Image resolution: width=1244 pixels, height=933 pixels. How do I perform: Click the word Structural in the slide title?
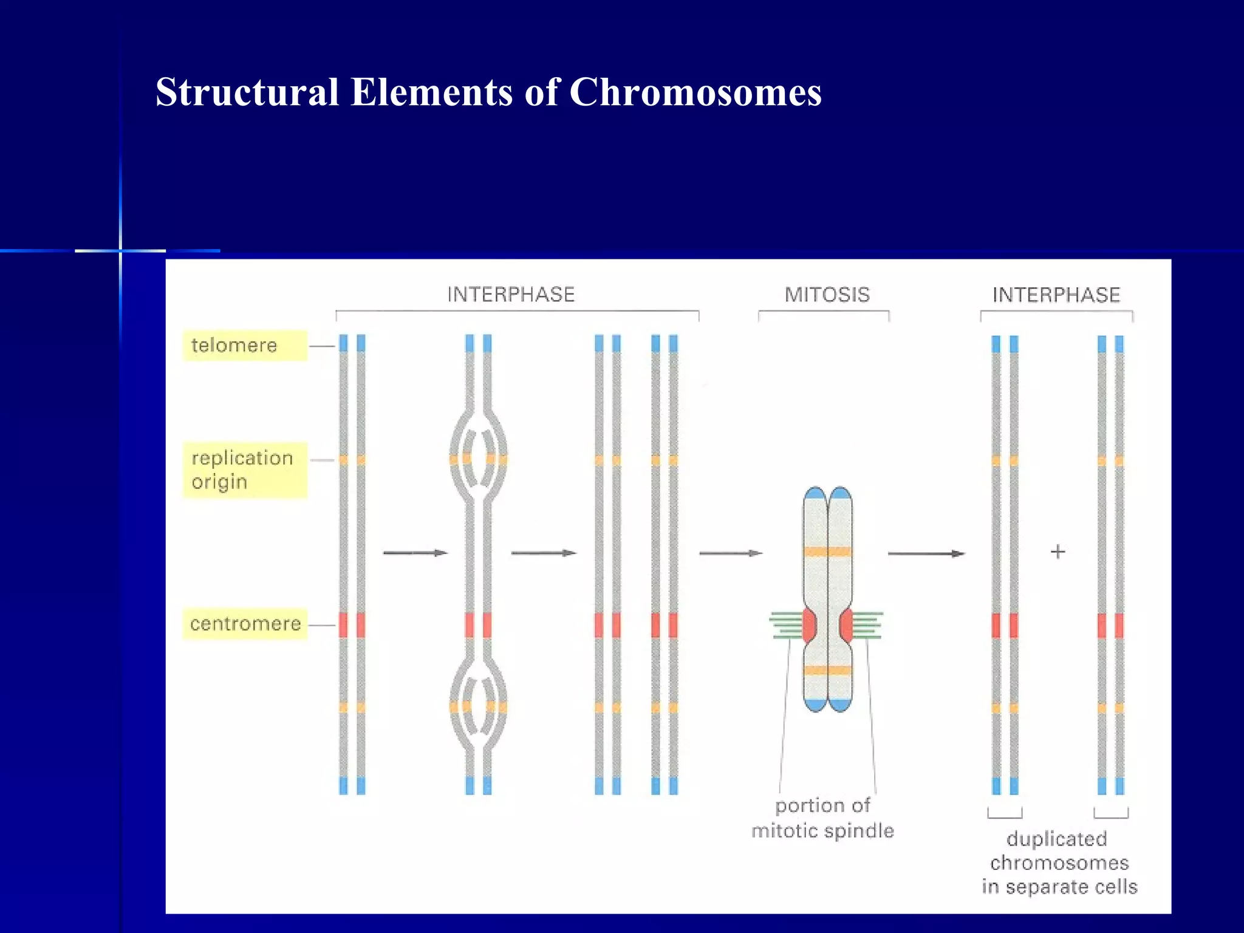(x=247, y=92)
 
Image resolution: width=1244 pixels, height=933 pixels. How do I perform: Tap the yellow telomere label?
(x=245, y=346)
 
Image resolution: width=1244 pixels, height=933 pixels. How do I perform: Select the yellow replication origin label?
(x=245, y=470)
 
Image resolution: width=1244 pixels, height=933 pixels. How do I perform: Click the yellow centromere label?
(x=245, y=624)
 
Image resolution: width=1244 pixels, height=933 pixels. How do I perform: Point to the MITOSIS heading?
(x=827, y=295)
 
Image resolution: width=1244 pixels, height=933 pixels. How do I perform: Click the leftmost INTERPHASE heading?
(x=511, y=295)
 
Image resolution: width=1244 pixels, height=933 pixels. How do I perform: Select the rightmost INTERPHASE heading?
(x=1056, y=295)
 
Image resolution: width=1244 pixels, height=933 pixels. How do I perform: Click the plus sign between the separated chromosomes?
(x=1058, y=552)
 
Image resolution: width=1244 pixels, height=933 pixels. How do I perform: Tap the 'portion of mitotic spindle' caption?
(x=822, y=818)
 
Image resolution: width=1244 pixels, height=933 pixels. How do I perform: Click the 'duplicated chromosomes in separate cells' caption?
(x=1059, y=863)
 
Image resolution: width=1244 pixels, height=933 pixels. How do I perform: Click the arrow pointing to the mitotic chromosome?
(x=730, y=553)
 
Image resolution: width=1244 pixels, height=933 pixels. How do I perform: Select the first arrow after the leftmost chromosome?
(x=415, y=553)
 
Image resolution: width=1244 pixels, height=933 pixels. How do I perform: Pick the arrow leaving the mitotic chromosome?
(x=926, y=553)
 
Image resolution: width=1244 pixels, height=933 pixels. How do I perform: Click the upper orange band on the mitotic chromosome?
(x=827, y=552)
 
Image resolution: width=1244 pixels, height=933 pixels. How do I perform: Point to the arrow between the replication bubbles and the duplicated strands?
(x=543, y=553)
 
